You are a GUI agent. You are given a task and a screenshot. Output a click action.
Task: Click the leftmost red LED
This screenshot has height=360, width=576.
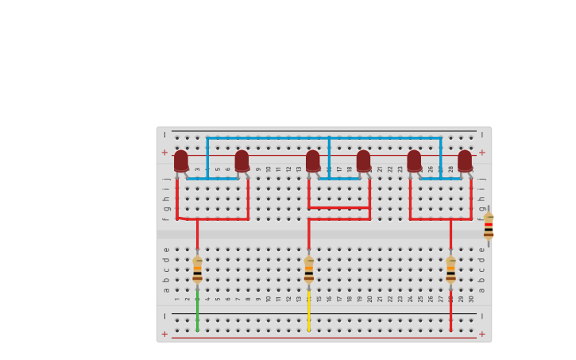click(181, 161)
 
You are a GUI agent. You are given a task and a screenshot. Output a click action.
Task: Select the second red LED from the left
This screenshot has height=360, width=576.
click(242, 161)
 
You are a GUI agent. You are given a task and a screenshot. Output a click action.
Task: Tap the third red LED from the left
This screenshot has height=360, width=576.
click(313, 161)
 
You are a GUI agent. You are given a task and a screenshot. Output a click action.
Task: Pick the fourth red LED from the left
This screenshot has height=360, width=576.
click(364, 161)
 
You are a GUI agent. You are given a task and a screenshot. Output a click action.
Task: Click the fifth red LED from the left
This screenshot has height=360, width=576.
click(414, 161)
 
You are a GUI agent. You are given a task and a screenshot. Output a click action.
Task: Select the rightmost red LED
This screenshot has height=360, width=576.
click(465, 161)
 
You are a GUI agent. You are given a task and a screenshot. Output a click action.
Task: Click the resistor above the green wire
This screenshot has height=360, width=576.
click(197, 270)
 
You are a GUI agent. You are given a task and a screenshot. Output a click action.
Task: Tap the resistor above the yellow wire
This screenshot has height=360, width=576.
click(309, 270)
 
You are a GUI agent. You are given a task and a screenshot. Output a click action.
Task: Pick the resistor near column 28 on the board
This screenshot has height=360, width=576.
click(450, 270)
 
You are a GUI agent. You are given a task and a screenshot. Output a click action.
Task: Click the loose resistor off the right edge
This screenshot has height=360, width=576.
click(489, 226)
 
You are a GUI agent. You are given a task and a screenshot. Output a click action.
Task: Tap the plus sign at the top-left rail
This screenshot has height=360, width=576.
click(164, 153)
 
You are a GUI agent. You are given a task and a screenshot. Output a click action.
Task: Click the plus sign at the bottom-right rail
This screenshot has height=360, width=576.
click(481, 334)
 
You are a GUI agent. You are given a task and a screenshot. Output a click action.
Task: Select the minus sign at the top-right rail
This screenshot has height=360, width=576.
click(481, 135)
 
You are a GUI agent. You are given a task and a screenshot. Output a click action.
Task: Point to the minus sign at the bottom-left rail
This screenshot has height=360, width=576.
click(164, 316)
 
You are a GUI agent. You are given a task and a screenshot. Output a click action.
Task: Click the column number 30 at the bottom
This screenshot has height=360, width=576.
click(471, 299)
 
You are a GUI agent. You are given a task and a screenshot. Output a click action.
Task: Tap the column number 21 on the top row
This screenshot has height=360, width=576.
click(380, 168)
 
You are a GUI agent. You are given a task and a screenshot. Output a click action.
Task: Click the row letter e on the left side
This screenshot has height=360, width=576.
click(166, 250)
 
